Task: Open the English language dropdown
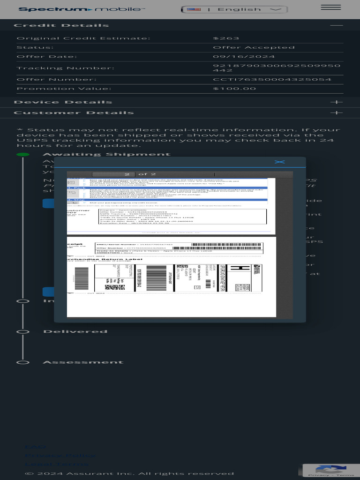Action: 234,9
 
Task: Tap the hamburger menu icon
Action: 331,7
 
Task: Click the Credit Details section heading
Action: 61,25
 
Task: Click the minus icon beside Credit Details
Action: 336,25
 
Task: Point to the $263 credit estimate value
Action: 226,38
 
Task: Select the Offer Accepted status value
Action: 254,47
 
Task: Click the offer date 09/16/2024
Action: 243,57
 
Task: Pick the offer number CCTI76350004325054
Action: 272,79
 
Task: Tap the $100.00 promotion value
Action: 234,89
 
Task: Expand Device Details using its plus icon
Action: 336,102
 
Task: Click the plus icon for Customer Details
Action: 336,113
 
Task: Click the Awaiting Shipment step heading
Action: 107,154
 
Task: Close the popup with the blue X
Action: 279,162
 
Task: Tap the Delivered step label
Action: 75,331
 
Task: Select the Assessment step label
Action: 83,362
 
